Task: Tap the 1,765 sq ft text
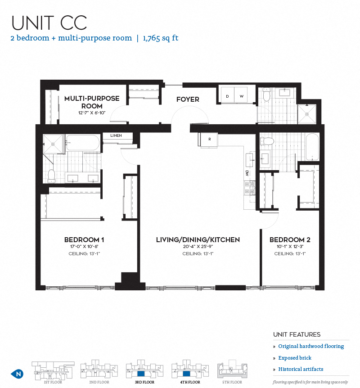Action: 161,38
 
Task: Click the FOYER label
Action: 188,99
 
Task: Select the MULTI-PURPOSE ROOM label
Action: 92,102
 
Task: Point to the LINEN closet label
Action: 116,135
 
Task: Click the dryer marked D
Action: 228,96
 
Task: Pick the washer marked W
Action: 241,96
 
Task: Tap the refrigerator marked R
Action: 209,140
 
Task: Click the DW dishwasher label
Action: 247,173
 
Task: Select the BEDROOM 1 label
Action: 84,240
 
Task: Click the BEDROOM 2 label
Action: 290,240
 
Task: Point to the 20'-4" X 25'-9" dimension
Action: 198,247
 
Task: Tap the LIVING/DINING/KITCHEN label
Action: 198,240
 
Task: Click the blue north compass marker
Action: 17,374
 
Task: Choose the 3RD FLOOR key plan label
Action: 144,382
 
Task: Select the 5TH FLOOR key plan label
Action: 232,382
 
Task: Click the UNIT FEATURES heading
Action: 297,334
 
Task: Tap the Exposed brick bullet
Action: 295,358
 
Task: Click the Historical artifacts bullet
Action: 301,369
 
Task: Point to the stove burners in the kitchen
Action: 250,188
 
